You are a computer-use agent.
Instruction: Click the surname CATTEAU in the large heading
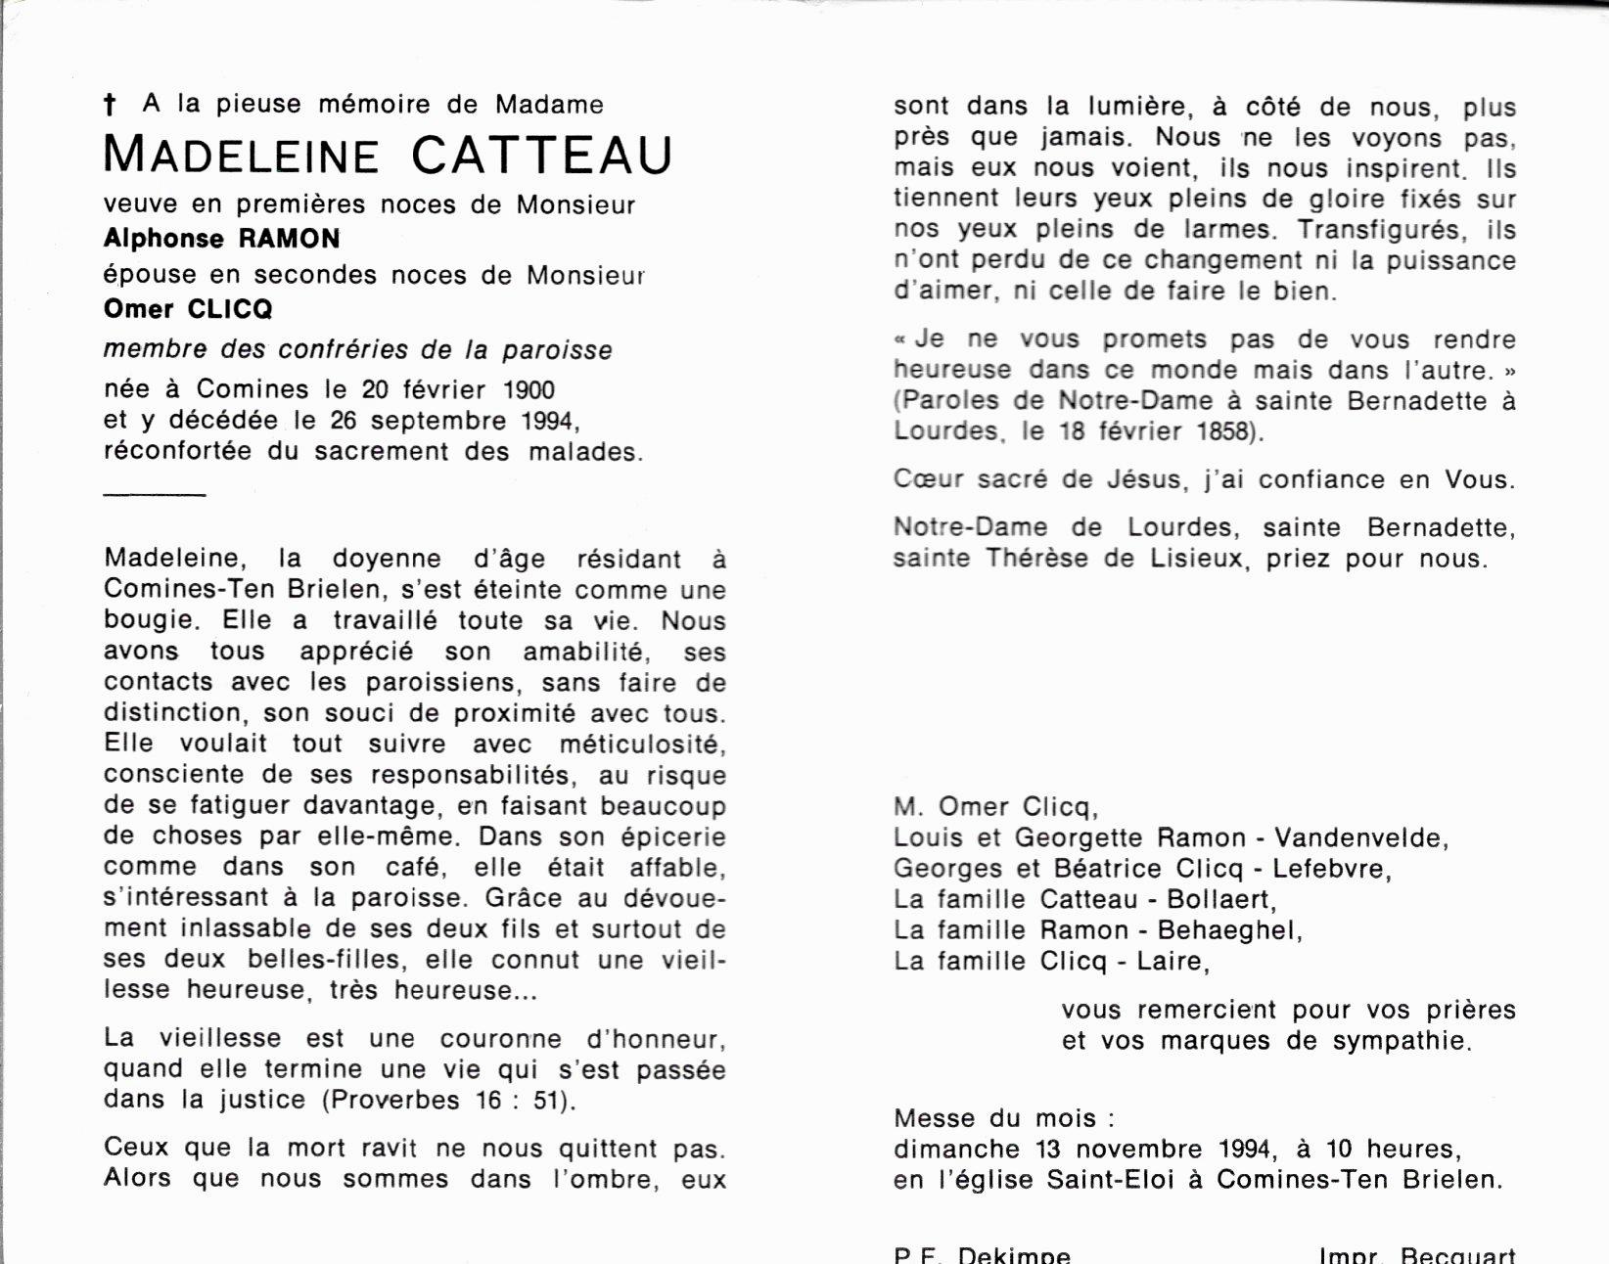pyautogui.click(x=541, y=156)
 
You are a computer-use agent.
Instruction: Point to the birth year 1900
pyautogui.click(x=529, y=390)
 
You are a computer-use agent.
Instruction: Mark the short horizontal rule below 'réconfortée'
pyautogui.click(x=154, y=495)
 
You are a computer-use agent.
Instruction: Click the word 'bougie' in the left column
pyautogui.click(x=148, y=621)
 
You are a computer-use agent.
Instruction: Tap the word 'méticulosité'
pyautogui.click(x=641, y=745)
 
